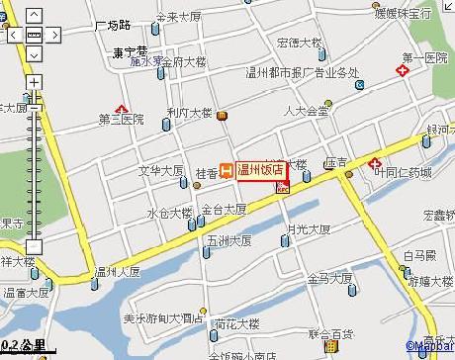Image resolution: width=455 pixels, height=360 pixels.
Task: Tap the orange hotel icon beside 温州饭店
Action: coord(226,170)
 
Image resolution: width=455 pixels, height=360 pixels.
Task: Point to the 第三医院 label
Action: coord(122,121)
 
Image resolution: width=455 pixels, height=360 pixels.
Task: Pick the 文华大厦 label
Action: coord(159,171)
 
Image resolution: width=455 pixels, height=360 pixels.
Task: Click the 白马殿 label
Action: coord(419,255)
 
